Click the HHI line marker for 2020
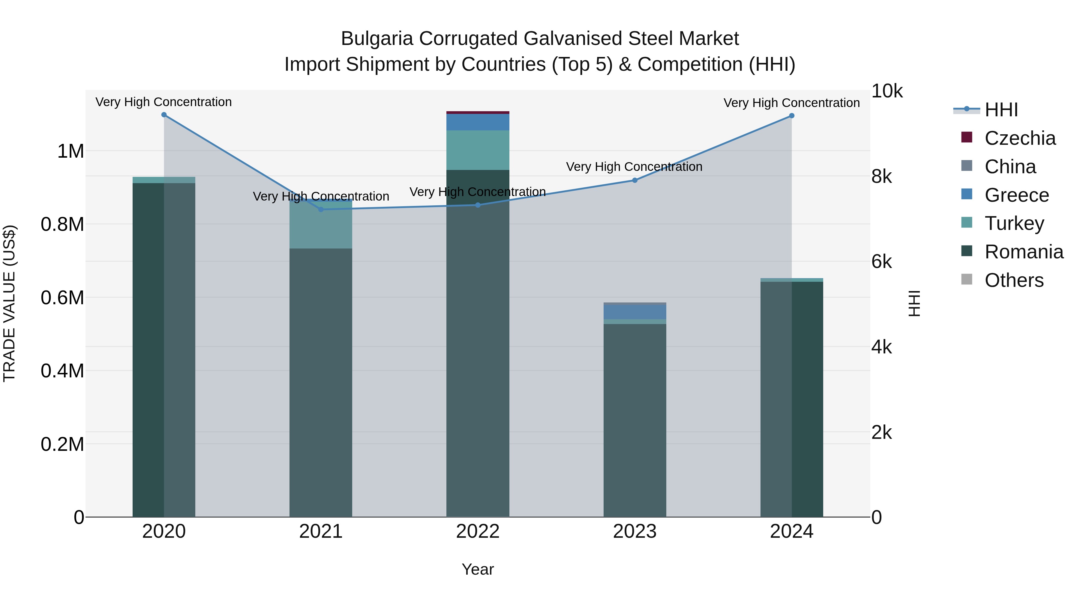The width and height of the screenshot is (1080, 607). [x=164, y=115]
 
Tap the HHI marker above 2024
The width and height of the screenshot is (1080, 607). [x=792, y=116]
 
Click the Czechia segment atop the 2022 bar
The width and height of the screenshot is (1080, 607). [x=478, y=112]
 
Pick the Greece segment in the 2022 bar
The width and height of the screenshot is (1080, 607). [x=478, y=122]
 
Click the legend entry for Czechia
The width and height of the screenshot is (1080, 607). [x=1020, y=138]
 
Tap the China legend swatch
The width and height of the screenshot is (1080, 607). [x=967, y=166]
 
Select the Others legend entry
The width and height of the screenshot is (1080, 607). [x=1014, y=280]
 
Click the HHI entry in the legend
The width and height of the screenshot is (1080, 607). [x=1001, y=110]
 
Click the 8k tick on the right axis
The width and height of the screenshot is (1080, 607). [x=881, y=176]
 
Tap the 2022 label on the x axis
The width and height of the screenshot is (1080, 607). [x=478, y=531]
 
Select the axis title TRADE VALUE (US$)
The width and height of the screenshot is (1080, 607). [x=9, y=303]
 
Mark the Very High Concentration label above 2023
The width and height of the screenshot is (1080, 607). [x=634, y=167]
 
